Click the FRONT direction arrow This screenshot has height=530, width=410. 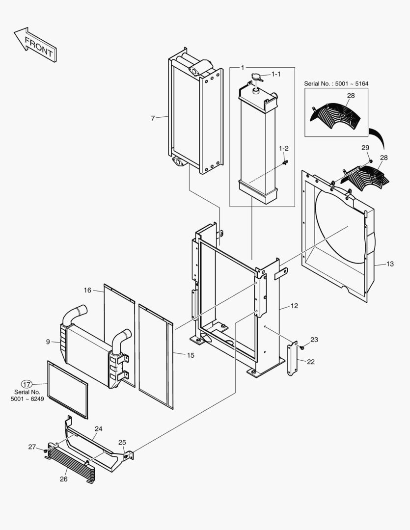point(35,45)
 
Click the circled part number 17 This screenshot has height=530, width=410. point(27,384)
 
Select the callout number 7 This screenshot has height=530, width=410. point(153,118)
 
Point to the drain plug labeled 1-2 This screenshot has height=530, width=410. point(284,161)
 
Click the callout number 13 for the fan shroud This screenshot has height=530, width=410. point(390,264)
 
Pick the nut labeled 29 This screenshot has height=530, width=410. point(371,161)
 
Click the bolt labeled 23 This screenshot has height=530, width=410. point(301,347)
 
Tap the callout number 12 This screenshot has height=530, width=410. point(294,306)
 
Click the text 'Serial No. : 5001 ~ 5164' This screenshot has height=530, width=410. point(336,84)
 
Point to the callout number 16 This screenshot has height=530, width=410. point(87,290)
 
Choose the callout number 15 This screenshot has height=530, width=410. point(190,355)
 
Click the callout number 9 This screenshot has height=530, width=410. point(48,342)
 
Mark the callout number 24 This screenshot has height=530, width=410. point(98,428)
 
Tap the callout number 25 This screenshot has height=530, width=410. point(122,442)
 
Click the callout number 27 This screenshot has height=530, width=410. point(32,447)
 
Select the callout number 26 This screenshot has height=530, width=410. point(64,479)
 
